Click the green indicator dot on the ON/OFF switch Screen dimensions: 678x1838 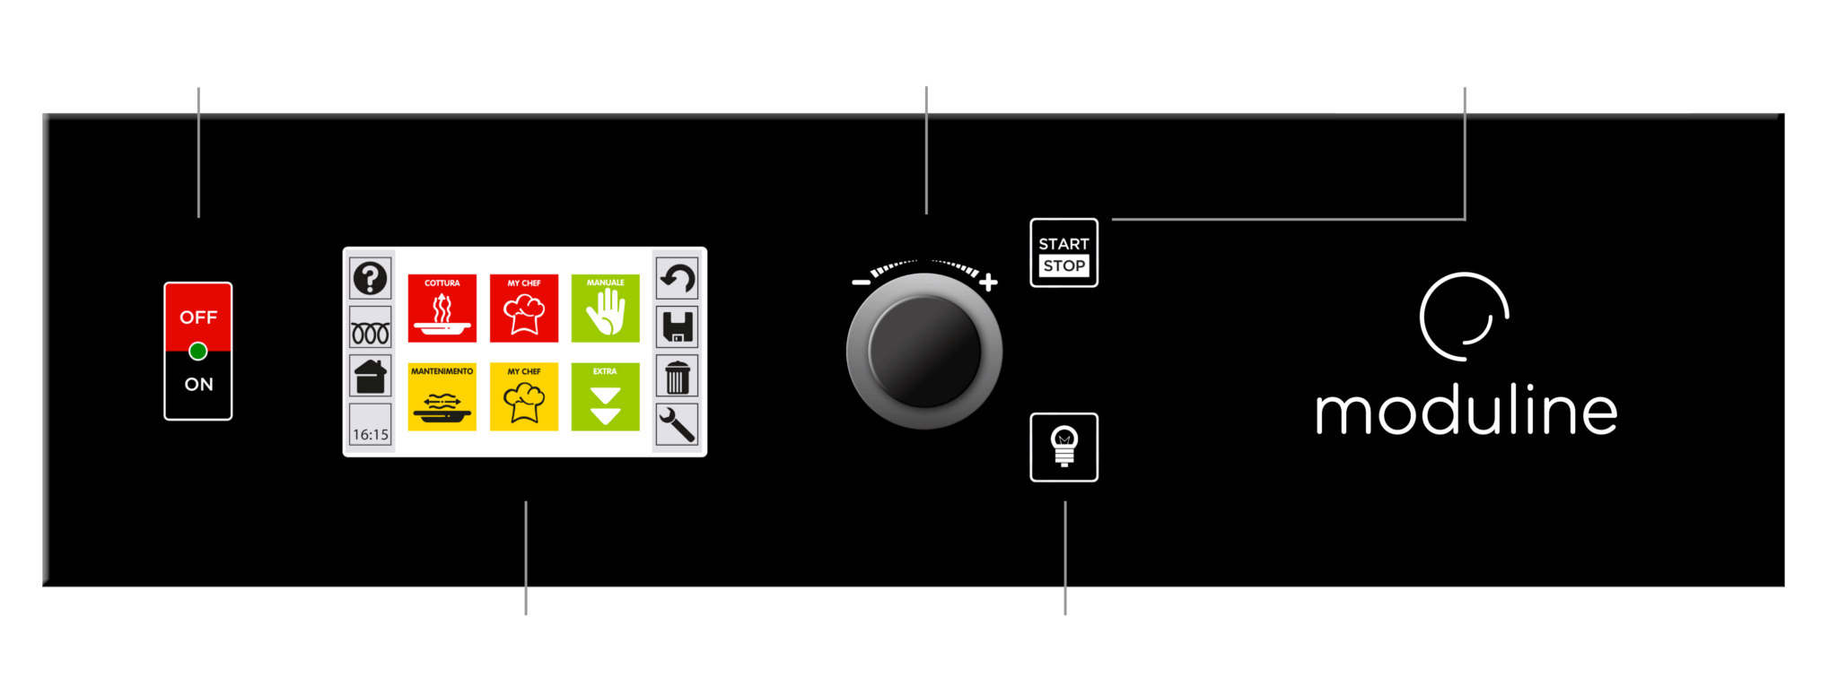[198, 351]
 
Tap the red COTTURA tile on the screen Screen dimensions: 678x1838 [442, 308]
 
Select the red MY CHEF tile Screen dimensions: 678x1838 [524, 308]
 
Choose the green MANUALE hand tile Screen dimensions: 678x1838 [606, 308]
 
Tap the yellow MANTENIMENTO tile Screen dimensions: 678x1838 [442, 396]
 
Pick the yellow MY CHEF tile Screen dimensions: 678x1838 [524, 396]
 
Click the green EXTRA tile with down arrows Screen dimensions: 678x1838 [606, 396]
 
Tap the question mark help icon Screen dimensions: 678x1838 [370, 278]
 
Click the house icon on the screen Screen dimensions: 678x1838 [370, 376]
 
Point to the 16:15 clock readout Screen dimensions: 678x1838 [370, 434]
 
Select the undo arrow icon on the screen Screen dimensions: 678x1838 [677, 278]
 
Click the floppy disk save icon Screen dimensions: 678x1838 [677, 326]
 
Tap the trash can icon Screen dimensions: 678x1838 [677, 377]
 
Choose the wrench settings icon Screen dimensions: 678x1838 [677, 424]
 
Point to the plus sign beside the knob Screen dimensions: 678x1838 [988, 282]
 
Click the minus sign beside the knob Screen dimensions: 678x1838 [861, 282]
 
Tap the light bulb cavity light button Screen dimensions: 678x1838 [1064, 447]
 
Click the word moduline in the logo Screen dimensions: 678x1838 [1466, 412]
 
